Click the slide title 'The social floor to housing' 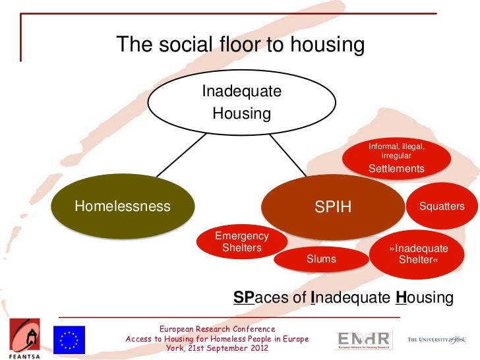241,45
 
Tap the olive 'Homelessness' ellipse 123,206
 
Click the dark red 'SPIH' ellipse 333,207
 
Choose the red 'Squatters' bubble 442,206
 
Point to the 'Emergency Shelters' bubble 242,242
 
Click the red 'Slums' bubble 321,259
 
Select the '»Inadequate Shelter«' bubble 418,255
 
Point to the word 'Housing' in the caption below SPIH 425,298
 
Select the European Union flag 69,340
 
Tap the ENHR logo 363,340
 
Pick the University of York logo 436,340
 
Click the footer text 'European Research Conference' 217,328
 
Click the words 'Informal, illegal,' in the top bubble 396,146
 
